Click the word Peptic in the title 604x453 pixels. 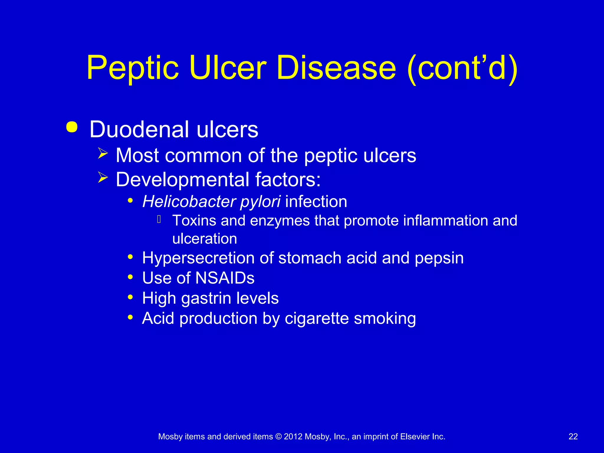pyautogui.click(x=133, y=68)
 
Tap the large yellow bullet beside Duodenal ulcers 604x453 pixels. pyautogui.click(x=72, y=127)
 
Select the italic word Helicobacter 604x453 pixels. pyautogui.click(x=189, y=202)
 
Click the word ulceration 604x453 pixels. pyautogui.click(x=205, y=239)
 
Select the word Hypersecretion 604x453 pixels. pyautogui.click(x=198, y=258)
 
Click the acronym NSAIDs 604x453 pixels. pyautogui.click(x=225, y=278)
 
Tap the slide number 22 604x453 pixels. pyautogui.click(x=573, y=436)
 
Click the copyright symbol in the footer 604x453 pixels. pyautogui.click(x=278, y=436)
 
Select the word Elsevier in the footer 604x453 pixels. pyautogui.click(x=415, y=436)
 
